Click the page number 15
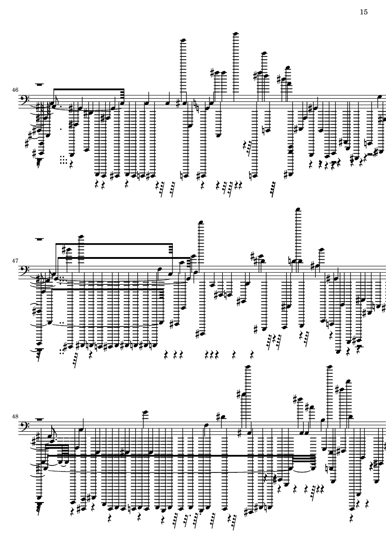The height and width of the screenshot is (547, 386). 363,12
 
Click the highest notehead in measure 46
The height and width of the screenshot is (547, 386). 235,33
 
